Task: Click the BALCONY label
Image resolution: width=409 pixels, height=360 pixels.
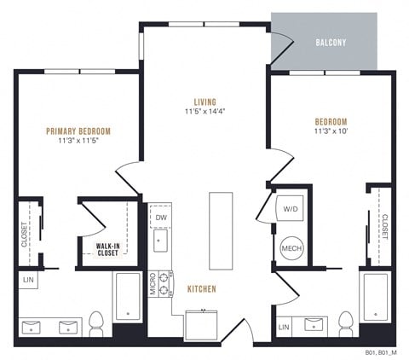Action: (x=330, y=42)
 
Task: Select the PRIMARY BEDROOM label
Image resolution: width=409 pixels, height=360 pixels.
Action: (x=78, y=131)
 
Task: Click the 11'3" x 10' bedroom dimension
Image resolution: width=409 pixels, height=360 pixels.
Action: (x=330, y=131)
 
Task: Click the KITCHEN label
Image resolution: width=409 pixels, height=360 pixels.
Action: (x=202, y=289)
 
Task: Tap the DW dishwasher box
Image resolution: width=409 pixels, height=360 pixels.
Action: (x=160, y=218)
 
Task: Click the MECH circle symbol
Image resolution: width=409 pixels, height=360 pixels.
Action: (x=289, y=247)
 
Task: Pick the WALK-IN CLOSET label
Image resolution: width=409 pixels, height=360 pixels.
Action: (x=107, y=250)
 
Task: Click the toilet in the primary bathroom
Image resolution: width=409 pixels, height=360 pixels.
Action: (x=96, y=322)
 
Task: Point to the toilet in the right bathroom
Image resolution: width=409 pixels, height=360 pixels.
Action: (x=346, y=322)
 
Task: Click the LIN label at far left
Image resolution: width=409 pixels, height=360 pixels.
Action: (x=27, y=280)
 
